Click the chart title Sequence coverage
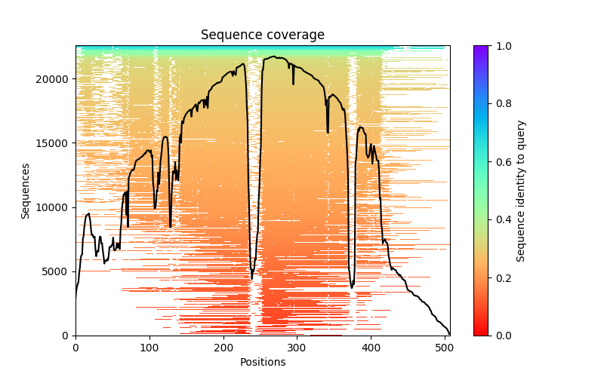pyautogui.click(x=262, y=35)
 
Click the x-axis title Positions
pyautogui.click(x=262, y=362)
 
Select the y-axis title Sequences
pyautogui.click(x=26, y=191)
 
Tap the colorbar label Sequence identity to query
pyautogui.click(x=521, y=191)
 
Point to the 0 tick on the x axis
pyautogui.click(x=75, y=348)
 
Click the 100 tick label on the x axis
pyautogui.click(x=149, y=348)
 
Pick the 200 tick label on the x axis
pyautogui.click(x=223, y=348)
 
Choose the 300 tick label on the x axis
pyautogui.click(x=297, y=348)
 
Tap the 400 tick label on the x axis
pyautogui.click(x=371, y=348)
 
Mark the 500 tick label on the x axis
pyautogui.click(x=445, y=348)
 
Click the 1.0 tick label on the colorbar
pyautogui.click(x=502, y=46)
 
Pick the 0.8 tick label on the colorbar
pyautogui.click(x=502, y=104)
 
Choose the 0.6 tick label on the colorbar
pyautogui.click(x=502, y=162)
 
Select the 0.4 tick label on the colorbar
pyautogui.click(x=502, y=219)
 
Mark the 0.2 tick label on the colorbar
pyautogui.click(x=502, y=277)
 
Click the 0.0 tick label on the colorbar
pyautogui.click(x=502, y=336)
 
